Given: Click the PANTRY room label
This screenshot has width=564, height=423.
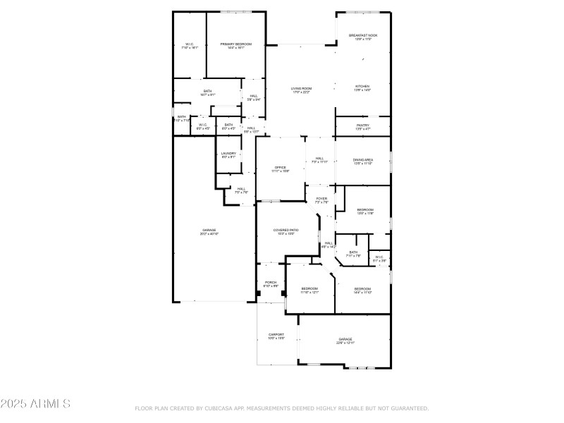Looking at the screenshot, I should tap(362, 127).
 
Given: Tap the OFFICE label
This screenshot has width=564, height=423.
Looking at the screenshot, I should tap(280, 168).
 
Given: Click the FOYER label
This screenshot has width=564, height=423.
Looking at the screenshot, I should tap(321, 200).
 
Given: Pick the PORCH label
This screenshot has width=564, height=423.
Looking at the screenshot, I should tap(271, 283).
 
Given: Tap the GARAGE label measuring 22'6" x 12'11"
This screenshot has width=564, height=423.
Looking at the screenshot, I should tap(345, 341).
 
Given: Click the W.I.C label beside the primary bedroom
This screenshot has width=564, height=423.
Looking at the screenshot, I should tap(190, 46).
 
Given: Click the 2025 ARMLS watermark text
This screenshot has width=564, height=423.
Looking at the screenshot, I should tap(35, 404).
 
